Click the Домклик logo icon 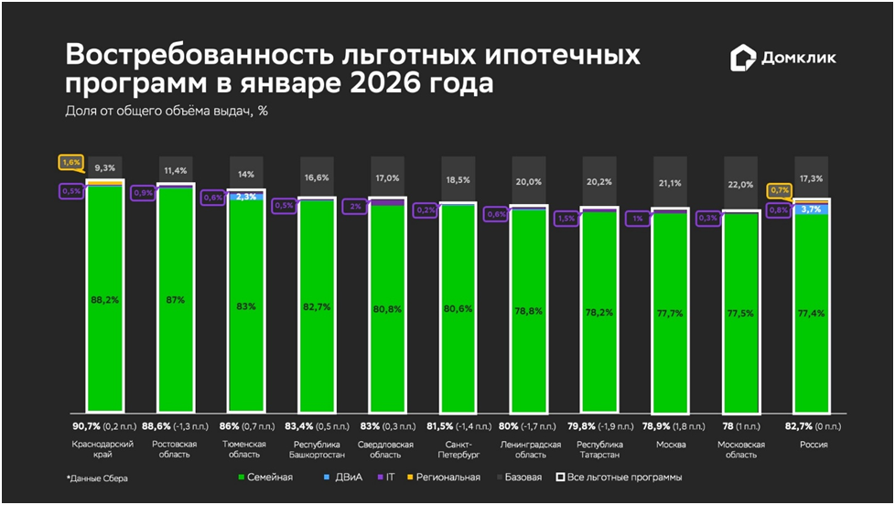coord(743,59)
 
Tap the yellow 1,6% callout coord(70,163)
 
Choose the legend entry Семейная coord(265,477)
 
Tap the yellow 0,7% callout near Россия coord(780,190)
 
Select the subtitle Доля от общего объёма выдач coord(165,112)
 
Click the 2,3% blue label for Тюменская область coord(246,197)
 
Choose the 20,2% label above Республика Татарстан coord(600,181)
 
